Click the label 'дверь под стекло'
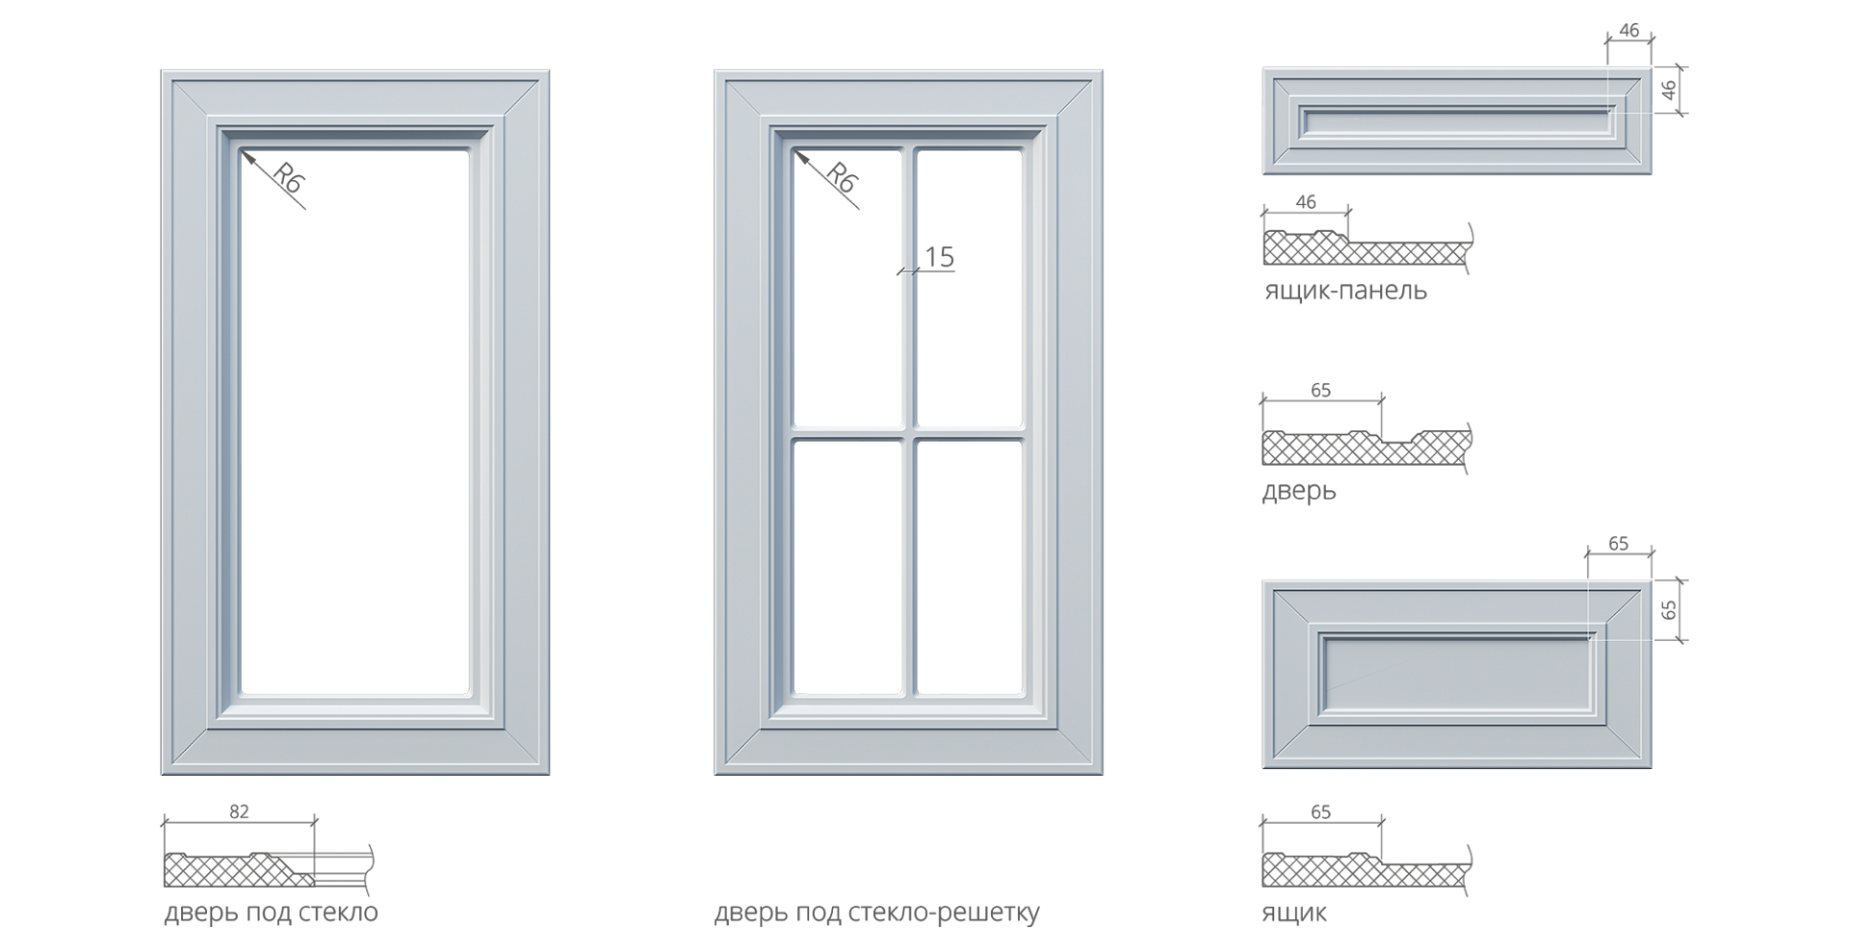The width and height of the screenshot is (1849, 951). [271, 912]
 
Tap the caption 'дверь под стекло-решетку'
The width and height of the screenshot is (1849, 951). [876, 912]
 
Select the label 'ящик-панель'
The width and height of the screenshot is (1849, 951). [1345, 291]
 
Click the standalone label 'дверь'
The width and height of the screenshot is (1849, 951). [1299, 491]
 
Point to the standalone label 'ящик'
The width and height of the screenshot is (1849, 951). [1293, 913]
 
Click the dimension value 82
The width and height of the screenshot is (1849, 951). [239, 811]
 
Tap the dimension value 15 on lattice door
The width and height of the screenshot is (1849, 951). [938, 257]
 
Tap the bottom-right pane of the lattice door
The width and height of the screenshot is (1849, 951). [969, 566]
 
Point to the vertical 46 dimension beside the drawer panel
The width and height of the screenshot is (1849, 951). [1670, 90]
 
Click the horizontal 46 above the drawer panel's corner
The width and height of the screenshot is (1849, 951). [1628, 31]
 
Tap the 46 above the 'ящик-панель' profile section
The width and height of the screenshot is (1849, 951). [1306, 202]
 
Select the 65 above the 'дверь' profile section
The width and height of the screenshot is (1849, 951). [1321, 390]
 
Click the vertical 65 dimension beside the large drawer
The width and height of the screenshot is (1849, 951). [1670, 609]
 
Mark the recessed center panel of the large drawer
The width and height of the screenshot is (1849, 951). [1456, 673]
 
